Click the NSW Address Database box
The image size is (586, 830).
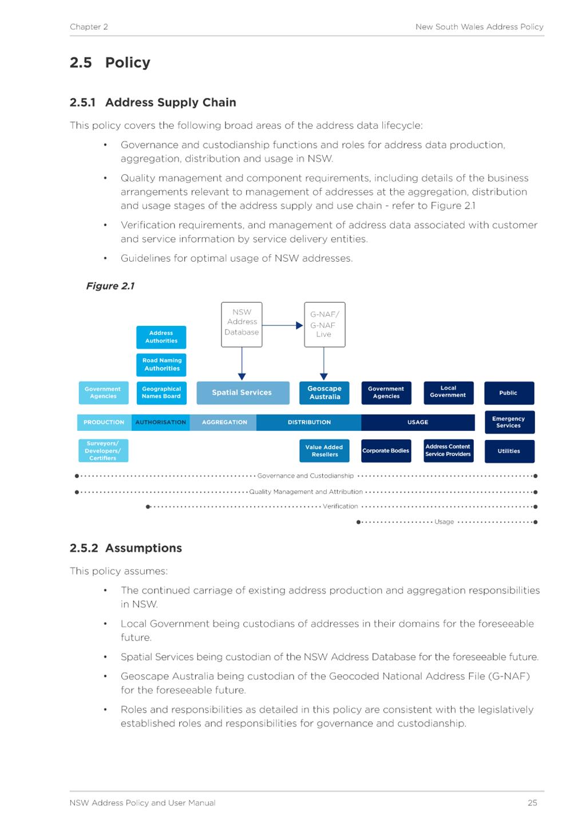[x=241, y=325]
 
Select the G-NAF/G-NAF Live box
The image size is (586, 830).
[x=324, y=325]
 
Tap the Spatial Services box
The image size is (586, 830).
[x=243, y=393]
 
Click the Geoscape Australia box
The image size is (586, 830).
[x=324, y=393]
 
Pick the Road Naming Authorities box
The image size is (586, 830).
[x=161, y=365]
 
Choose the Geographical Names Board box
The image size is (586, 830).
[x=161, y=393]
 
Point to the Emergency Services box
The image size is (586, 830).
[x=509, y=422]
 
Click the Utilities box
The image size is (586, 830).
[x=509, y=451]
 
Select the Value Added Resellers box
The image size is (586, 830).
[x=324, y=451]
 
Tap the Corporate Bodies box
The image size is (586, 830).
[x=386, y=451]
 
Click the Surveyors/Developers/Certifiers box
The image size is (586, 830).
[x=103, y=451]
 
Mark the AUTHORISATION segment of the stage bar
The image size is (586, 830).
[x=161, y=422]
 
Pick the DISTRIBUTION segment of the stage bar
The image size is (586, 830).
[x=308, y=422]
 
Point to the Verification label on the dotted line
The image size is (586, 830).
[x=340, y=506]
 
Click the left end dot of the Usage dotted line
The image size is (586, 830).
[x=358, y=522]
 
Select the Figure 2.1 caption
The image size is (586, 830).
[x=110, y=286]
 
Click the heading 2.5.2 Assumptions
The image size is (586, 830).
[x=126, y=548]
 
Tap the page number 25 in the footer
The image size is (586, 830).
[x=532, y=803]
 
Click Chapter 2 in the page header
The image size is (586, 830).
[x=89, y=27]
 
